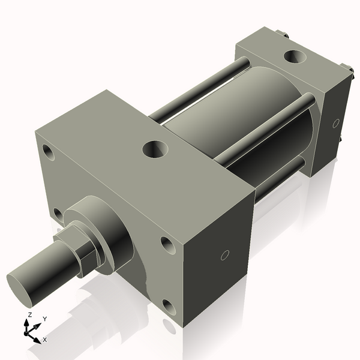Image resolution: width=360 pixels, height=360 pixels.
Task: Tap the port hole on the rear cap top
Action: tap(294, 58)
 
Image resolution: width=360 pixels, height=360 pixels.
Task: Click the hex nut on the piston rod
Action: tap(83, 247)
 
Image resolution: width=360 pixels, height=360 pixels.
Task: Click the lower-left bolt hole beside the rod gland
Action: tap(57, 214)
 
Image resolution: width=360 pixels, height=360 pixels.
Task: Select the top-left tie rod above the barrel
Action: tap(198, 90)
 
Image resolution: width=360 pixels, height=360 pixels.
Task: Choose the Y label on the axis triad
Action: tap(45, 319)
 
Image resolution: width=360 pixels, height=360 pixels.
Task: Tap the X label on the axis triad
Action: tap(45, 340)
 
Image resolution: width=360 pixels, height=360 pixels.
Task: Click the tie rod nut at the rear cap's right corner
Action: tap(346, 67)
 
